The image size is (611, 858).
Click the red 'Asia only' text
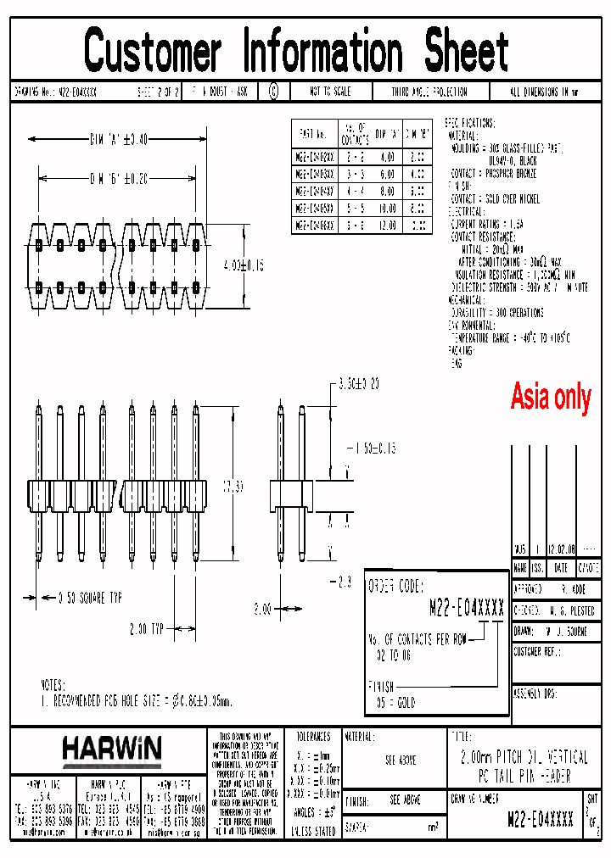click(x=550, y=397)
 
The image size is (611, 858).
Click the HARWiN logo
click(x=111, y=749)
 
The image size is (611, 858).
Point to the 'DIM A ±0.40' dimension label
click(x=118, y=139)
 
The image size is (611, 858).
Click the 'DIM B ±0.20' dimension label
click(x=118, y=179)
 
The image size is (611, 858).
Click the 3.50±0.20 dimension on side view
click(x=357, y=385)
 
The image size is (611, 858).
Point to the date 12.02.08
click(x=561, y=549)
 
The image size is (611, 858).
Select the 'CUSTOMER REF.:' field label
click(x=540, y=652)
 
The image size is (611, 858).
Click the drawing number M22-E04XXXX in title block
click(x=540, y=819)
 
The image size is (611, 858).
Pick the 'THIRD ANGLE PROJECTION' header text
click(x=429, y=92)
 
